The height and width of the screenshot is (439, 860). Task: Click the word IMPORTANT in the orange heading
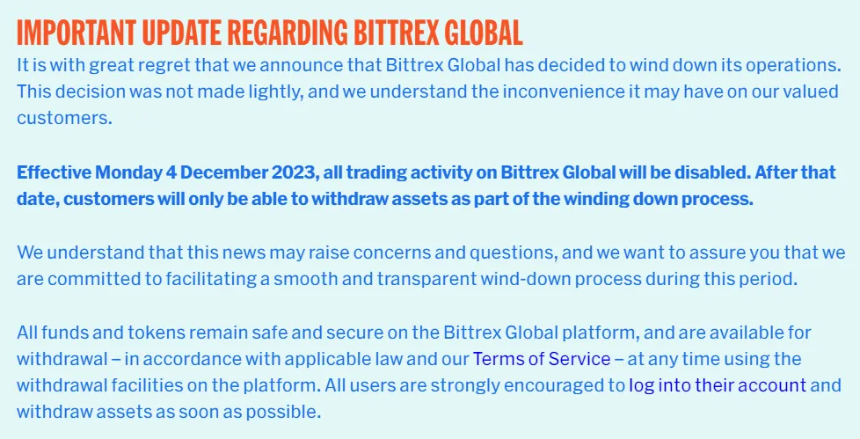coord(77,33)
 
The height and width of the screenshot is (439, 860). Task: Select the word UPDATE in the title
coord(181,33)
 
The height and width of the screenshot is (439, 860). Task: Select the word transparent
coord(427,279)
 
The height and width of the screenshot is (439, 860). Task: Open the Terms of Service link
coord(542,360)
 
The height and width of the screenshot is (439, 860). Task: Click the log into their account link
coord(718,385)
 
